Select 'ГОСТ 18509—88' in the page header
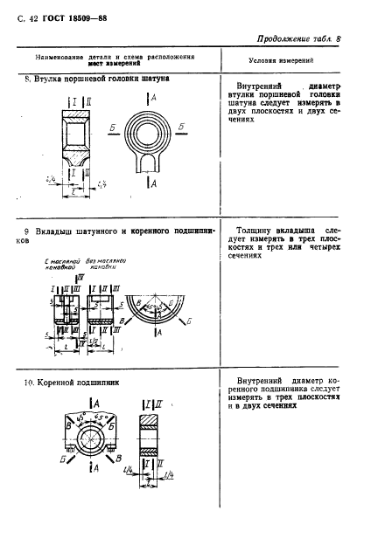tap(73, 17)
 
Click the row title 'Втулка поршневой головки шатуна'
tap(101, 79)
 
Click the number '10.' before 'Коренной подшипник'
tap(30, 382)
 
